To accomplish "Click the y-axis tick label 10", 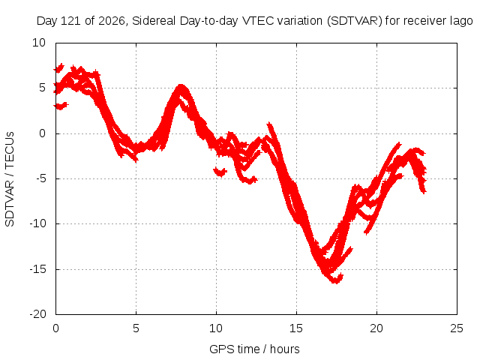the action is [39, 43].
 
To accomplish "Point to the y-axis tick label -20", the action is [37, 314].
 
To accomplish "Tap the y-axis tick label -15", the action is [37, 269].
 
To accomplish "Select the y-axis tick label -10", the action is [37, 223].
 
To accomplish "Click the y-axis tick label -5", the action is [41, 178].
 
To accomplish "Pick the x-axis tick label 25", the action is [457, 328].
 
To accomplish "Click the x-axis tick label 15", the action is [296, 328].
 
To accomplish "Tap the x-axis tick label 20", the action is [376, 328].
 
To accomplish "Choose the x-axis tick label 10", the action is [216, 328].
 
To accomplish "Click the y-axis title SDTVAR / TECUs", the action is [10, 179].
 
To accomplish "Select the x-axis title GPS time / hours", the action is [254, 349].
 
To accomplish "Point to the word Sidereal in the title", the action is [154, 21].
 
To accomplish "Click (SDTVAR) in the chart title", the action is [355, 21].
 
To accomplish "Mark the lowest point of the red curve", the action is [336, 282].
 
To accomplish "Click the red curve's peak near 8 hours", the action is [181, 85].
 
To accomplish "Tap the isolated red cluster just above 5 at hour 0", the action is [58, 68].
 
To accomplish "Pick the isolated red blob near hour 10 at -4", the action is [220, 172].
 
